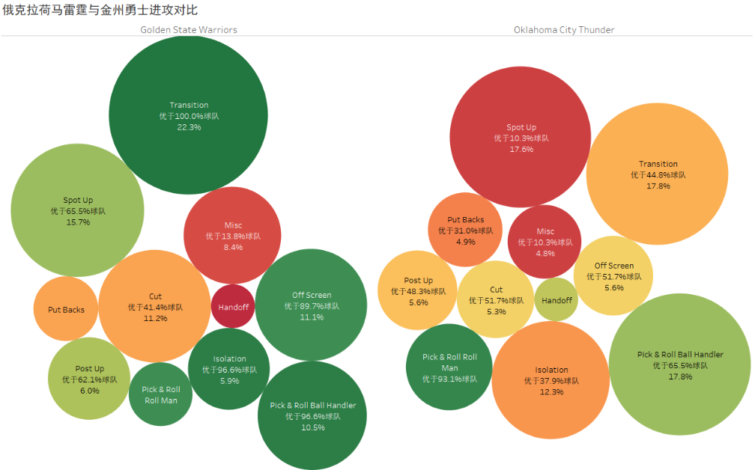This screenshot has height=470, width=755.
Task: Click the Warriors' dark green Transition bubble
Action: click(188, 115)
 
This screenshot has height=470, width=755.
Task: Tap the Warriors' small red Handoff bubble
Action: click(233, 306)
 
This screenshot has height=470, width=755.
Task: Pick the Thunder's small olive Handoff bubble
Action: click(557, 299)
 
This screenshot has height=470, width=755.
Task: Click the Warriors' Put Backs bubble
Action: click(66, 308)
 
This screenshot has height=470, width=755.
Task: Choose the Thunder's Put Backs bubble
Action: click(465, 230)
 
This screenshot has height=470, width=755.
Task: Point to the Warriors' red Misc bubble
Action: click(233, 236)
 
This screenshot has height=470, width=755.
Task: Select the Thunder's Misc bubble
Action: click(545, 242)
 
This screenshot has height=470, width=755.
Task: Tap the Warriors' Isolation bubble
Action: click(229, 369)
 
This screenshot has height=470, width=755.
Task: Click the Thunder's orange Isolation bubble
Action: click(551, 380)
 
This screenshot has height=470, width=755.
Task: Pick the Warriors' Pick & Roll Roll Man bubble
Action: click(161, 394)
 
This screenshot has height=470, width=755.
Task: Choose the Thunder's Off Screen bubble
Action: click(613, 276)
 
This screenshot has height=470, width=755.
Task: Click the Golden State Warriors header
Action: click(189, 30)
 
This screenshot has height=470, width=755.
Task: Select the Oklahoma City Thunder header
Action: click(564, 30)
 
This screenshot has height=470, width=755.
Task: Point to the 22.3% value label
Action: click(189, 127)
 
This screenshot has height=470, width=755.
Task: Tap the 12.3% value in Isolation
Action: click(551, 391)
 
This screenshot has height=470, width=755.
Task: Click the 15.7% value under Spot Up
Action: click(78, 222)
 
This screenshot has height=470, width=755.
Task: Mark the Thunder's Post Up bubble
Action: click(418, 291)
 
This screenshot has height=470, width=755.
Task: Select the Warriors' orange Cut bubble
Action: click(155, 307)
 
